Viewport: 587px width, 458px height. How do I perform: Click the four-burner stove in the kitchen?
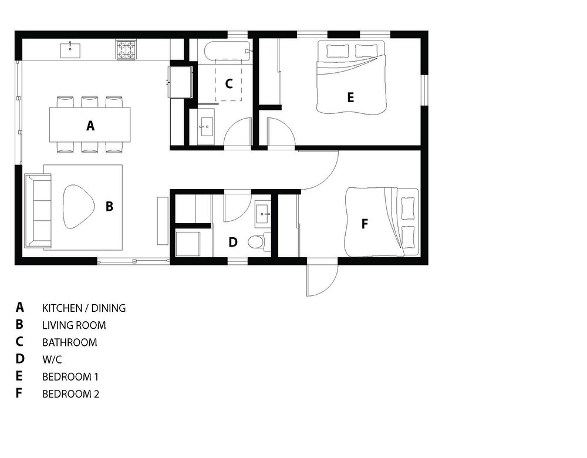[x=126, y=50]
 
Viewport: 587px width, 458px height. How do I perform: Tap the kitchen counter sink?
[x=70, y=50]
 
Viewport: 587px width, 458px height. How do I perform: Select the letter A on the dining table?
[x=90, y=126]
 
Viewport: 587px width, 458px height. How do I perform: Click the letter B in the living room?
[x=109, y=206]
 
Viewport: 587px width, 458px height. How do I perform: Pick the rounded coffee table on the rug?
[x=77, y=206]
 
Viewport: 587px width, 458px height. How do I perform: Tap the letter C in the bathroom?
[x=229, y=83]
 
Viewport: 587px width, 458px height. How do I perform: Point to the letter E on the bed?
[x=350, y=97]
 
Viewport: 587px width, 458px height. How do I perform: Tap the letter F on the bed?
[x=365, y=224]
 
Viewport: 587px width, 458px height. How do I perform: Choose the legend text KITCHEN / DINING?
[x=84, y=308]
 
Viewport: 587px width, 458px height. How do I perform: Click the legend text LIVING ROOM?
[x=74, y=325]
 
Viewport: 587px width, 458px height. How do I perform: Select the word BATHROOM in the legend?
[x=70, y=343]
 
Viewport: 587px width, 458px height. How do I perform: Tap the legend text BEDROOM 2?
[x=71, y=394]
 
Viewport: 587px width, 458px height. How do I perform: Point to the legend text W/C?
[x=52, y=360]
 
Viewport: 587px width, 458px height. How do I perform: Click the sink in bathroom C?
[x=205, y=127]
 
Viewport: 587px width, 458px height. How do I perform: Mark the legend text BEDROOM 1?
[x=70, y=377]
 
